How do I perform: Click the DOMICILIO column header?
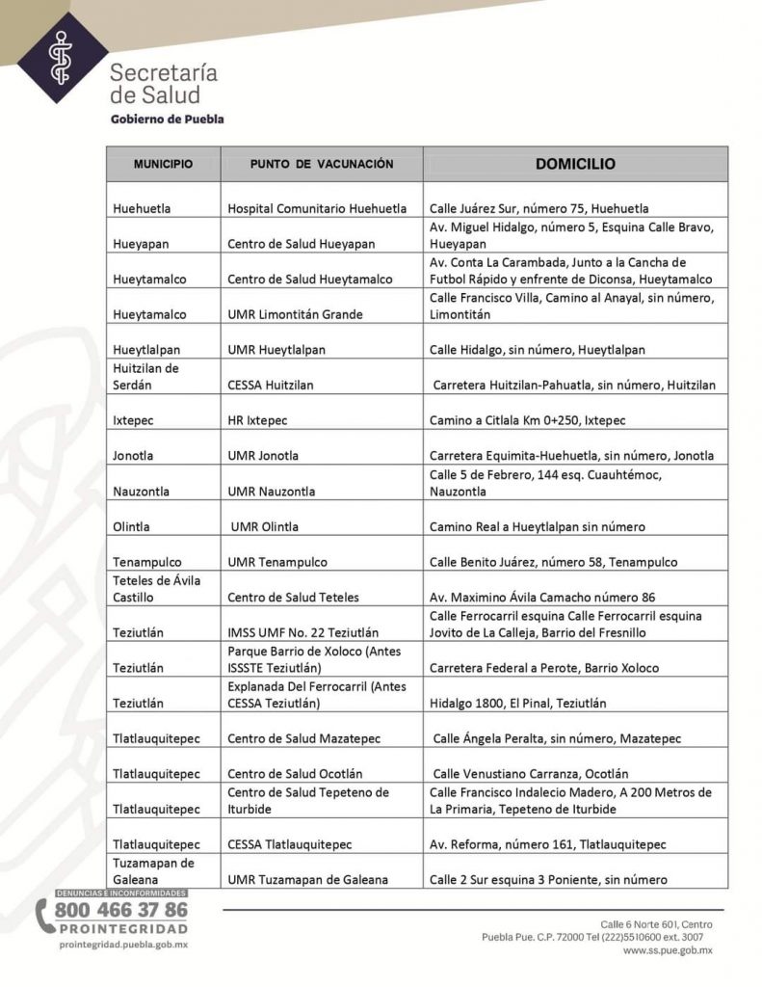(575, 164)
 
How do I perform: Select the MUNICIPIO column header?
(163, 165)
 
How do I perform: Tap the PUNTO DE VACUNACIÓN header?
(321, 165)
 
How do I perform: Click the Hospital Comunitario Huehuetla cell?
(317, 208)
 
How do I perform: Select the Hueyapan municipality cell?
(141, 244)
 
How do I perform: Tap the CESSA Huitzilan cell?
(271, 385)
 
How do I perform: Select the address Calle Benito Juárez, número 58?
(553, 562)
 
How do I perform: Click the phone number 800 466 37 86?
(121, 910)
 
